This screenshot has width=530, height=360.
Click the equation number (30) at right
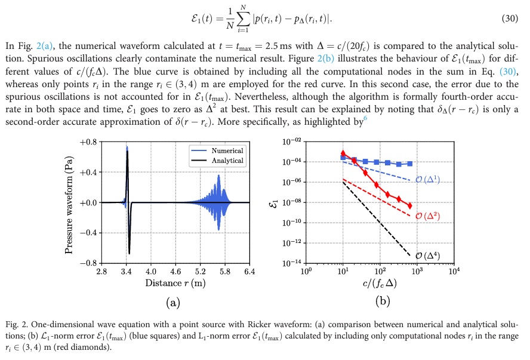[x=512, y=20]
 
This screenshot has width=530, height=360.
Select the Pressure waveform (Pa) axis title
[x=70, y=202]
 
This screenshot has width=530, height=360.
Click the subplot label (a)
[x=173, y=303]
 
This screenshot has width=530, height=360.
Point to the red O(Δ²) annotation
[x=427, y=216]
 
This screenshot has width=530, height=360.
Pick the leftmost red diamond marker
[x=343, y=153]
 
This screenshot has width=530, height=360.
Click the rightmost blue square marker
[x=410, y=164]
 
